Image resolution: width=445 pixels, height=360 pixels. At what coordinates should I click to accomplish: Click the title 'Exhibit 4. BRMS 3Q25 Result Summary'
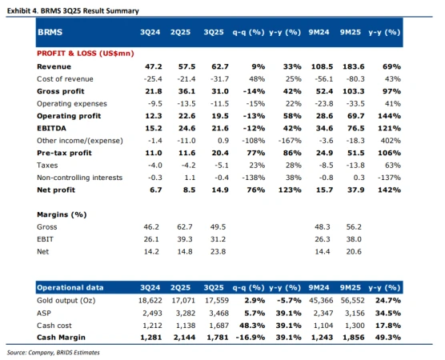tap(72, 11)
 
